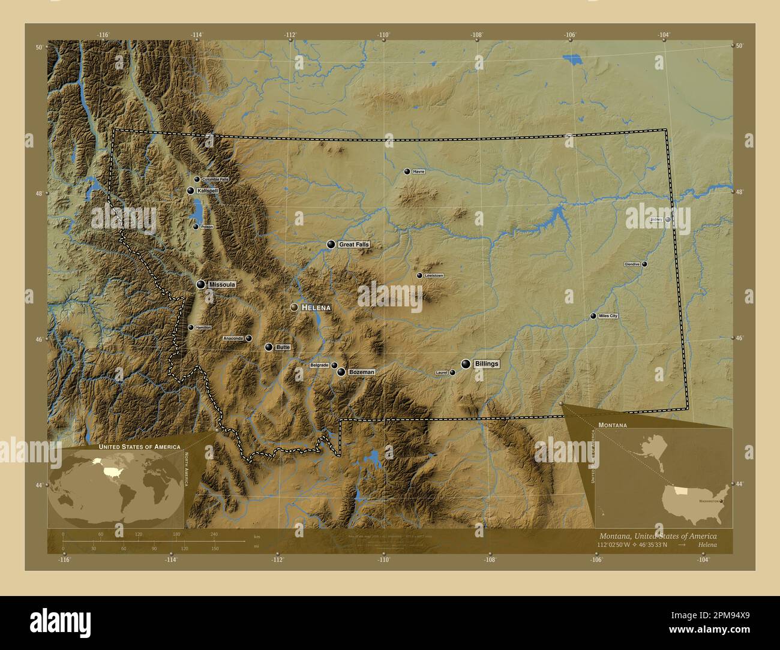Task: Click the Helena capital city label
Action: click(x=316, y=308)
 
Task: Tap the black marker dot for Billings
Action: click(x=466, y=364)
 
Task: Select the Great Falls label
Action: click(x=353, y=245)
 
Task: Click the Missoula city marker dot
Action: click(x=200, y=284)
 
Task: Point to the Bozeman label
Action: click(x=362, y=372)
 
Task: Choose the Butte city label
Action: click(x=283, y=347)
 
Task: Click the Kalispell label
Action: click(x=207, y=191)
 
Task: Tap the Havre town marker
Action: click(x=407, y=171)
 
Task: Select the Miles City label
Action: click(x=608, y=316)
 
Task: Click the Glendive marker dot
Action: click(x=644, y=264)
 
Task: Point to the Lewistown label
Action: click(x=434, y=276)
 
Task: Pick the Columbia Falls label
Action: click(x=215, y=179)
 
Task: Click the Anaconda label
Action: click(x=233, y=339)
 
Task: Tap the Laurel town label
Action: click(x=441, y=373)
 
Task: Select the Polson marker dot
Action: click(x=196, y=227)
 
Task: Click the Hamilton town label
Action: click(x=203, y=328)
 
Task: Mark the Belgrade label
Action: click(x=319, y=365)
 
